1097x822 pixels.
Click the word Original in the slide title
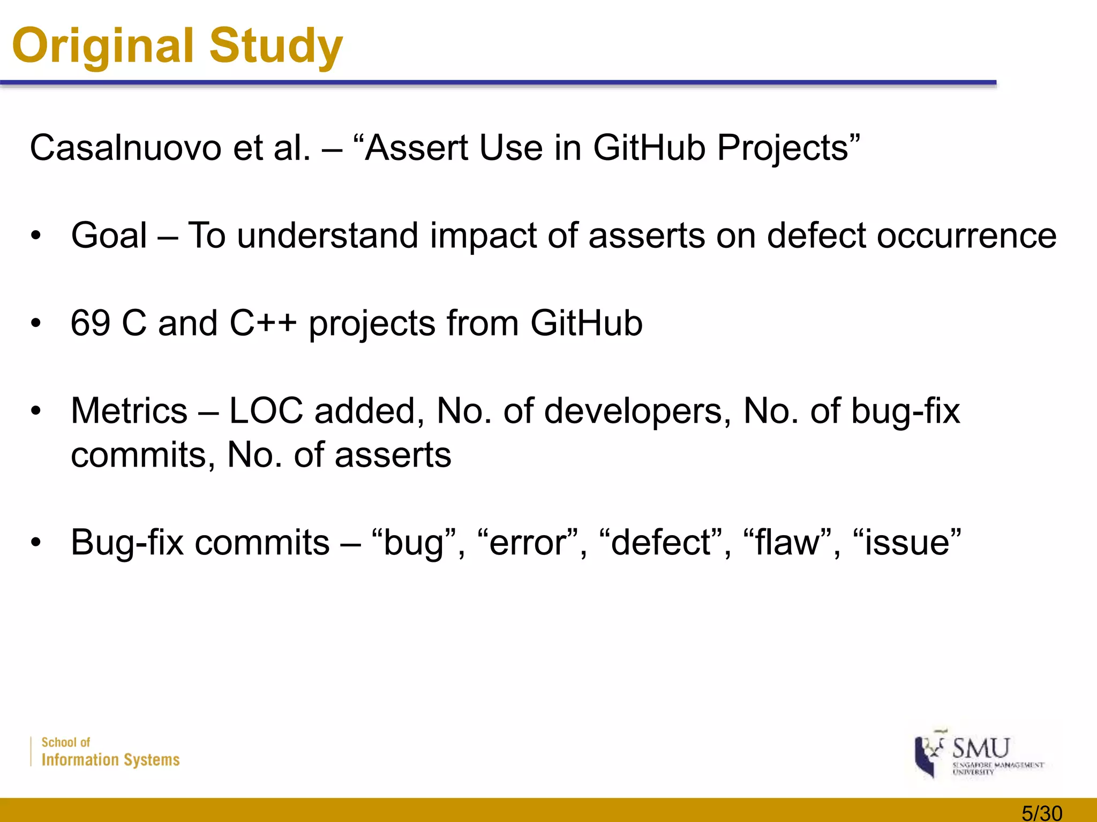tap(102, 46)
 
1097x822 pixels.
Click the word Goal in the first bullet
tap(109, 235)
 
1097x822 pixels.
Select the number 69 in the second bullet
tap(91, 323)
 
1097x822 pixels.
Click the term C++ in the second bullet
tap(262, 323)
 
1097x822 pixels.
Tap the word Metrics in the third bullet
tap(129, 411)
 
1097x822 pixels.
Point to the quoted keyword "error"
tap(528, 543)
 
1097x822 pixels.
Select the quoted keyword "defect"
tap(660, 543)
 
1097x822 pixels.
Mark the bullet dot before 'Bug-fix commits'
tap(36, 543)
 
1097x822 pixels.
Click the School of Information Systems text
tap(110, 752)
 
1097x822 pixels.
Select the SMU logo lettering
tap(980, 748)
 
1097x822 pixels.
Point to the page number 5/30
tap(1042, 813)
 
